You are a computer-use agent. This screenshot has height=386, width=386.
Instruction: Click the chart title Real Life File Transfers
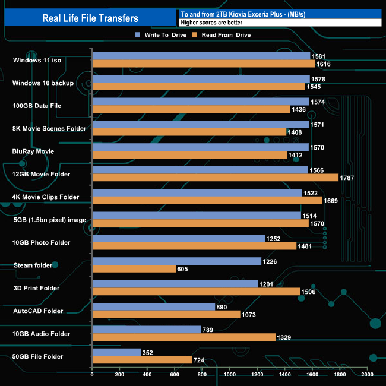[x=90, y=18]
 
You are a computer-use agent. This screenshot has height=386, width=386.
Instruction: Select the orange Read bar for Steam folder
[x=134, y=269]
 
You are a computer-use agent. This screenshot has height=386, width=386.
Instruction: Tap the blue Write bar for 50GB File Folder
[x=116, y=352]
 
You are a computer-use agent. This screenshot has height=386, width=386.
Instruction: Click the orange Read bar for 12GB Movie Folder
[x=215, y=178]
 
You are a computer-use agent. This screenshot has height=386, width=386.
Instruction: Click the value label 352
[x=149, y=352]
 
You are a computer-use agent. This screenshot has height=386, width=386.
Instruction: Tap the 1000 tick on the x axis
[x=230, y=375]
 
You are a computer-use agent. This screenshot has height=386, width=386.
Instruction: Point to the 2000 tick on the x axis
[x=368, y=375]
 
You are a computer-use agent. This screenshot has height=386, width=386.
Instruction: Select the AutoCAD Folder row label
[x=38, y=311]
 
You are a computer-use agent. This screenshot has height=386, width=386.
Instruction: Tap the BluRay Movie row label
[x=34, y=151]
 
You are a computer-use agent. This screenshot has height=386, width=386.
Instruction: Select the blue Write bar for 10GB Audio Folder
[x=147, y=330]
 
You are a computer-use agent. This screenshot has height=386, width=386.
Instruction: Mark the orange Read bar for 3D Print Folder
[x=196, y=292]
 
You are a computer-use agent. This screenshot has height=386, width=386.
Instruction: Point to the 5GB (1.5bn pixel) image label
[x=49, y=220]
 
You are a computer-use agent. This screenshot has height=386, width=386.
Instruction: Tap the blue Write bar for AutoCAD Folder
[x=153, y=306]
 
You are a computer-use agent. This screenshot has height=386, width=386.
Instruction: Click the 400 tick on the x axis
[x=147, y=375]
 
